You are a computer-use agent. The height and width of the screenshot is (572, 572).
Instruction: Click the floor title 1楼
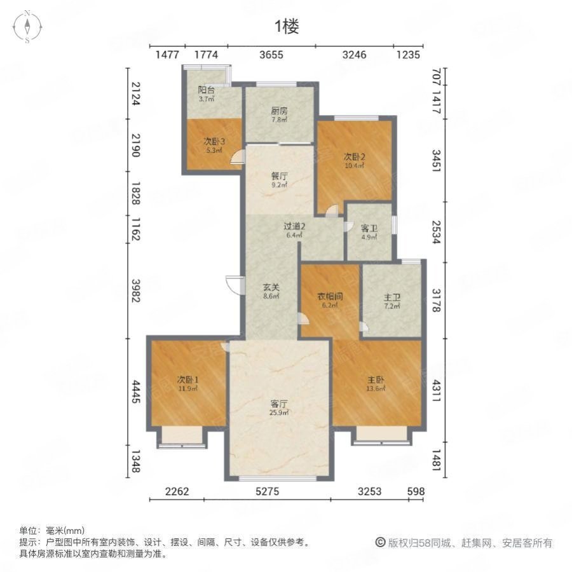286,26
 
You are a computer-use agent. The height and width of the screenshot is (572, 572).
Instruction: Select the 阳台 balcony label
206,90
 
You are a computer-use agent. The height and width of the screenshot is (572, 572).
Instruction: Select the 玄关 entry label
271,287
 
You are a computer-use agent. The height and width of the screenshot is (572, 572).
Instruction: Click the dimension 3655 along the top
271,55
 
